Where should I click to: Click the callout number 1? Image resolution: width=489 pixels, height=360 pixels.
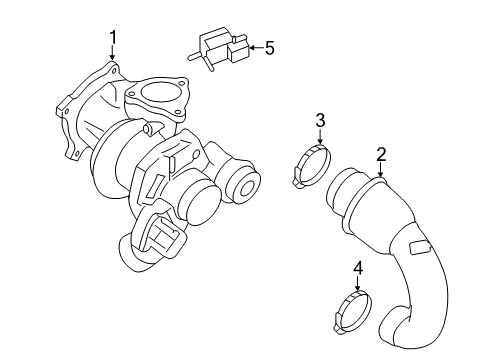pos(113,37)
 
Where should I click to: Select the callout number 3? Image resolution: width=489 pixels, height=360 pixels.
pos(320,121)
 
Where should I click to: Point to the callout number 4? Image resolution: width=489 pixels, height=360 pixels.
pos(358,267)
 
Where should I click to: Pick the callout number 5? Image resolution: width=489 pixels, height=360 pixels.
pos(268,46)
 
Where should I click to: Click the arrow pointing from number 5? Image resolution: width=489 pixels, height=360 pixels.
pos(253,46)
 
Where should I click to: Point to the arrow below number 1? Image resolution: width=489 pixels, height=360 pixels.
pos(113,56)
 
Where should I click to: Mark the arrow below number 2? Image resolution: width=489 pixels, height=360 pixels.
pos(381,171)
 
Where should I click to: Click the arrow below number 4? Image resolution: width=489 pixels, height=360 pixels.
pos(358,284)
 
